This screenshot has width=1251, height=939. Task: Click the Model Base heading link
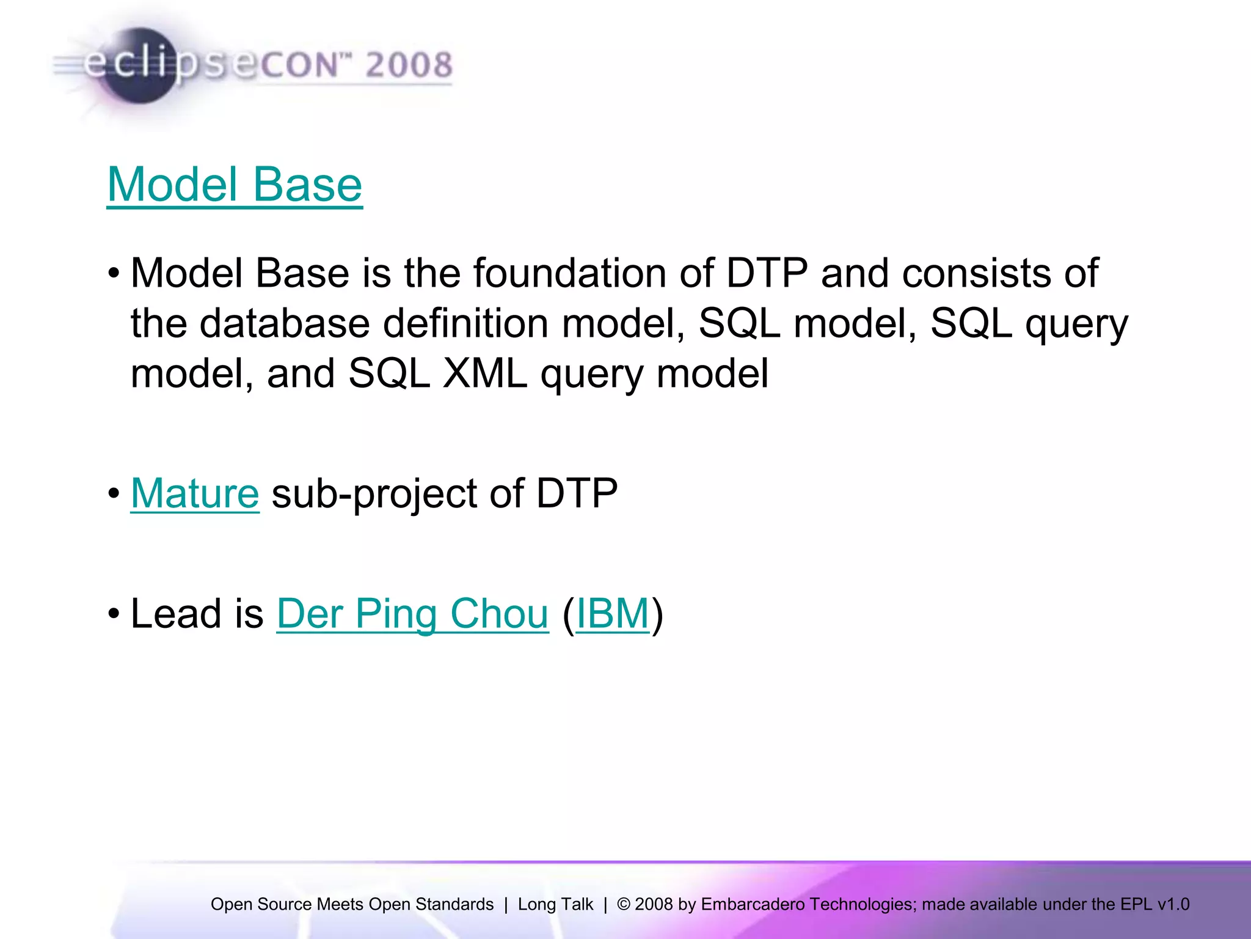pyautogui.click(x=235, y=185)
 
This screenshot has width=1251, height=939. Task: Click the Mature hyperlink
pyautogui.click(x=195, y=493)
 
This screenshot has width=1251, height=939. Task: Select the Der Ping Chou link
pyautogui.click(x=412, y=614)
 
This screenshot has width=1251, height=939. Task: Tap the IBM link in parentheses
pyautogui.click(x=613, y=614)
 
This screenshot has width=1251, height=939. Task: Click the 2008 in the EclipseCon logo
pyautogui.click(x=409, y=65)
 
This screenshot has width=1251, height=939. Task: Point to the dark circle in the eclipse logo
pyautogui.click(x=139, y=66)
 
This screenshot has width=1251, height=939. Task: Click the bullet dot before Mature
pyautogui.click(x=114, y=493)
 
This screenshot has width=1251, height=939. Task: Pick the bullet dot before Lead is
pyautogui.click(x=114, y=614)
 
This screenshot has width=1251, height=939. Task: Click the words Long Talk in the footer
pyautogui.click(x=555, y=904)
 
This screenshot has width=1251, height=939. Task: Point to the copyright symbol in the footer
pyautogui.click(x=623, y=904)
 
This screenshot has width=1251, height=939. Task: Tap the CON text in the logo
pyautogui.click(x=300, y=65)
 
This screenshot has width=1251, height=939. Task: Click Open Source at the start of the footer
pyautogui.click(x=261, y=904)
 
